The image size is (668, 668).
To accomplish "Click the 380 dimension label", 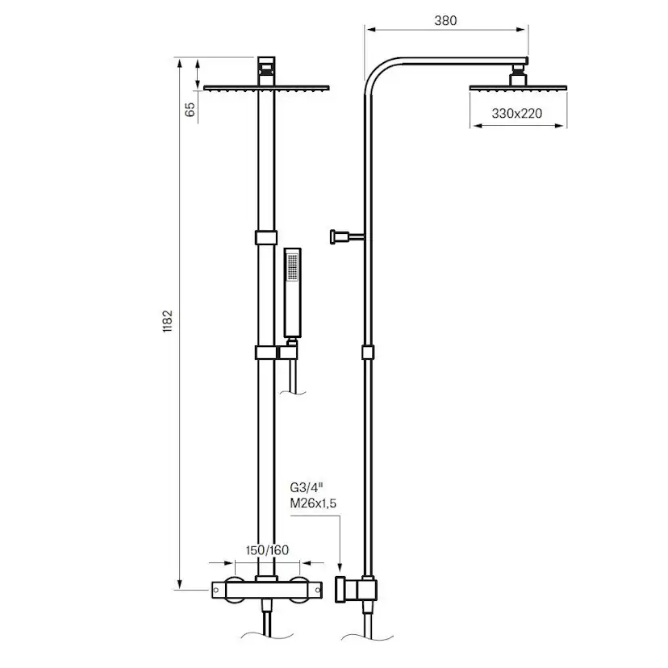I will tap(445, 21).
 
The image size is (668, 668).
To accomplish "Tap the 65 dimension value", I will tap(190, 110).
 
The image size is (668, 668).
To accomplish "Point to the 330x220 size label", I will tap(518, 114).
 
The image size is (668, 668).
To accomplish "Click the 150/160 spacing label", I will tap(266, 550).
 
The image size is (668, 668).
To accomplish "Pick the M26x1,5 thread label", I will tap(311, 504).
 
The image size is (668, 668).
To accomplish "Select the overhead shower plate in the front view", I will tap(267, 88).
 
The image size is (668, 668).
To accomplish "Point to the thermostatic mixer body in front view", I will tap(266, 591).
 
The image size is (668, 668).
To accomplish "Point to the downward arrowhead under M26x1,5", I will tap(341, 568).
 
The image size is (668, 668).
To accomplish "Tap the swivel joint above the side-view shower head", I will tap(518, 78).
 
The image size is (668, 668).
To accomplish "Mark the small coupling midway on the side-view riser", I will tap(368, 353).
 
